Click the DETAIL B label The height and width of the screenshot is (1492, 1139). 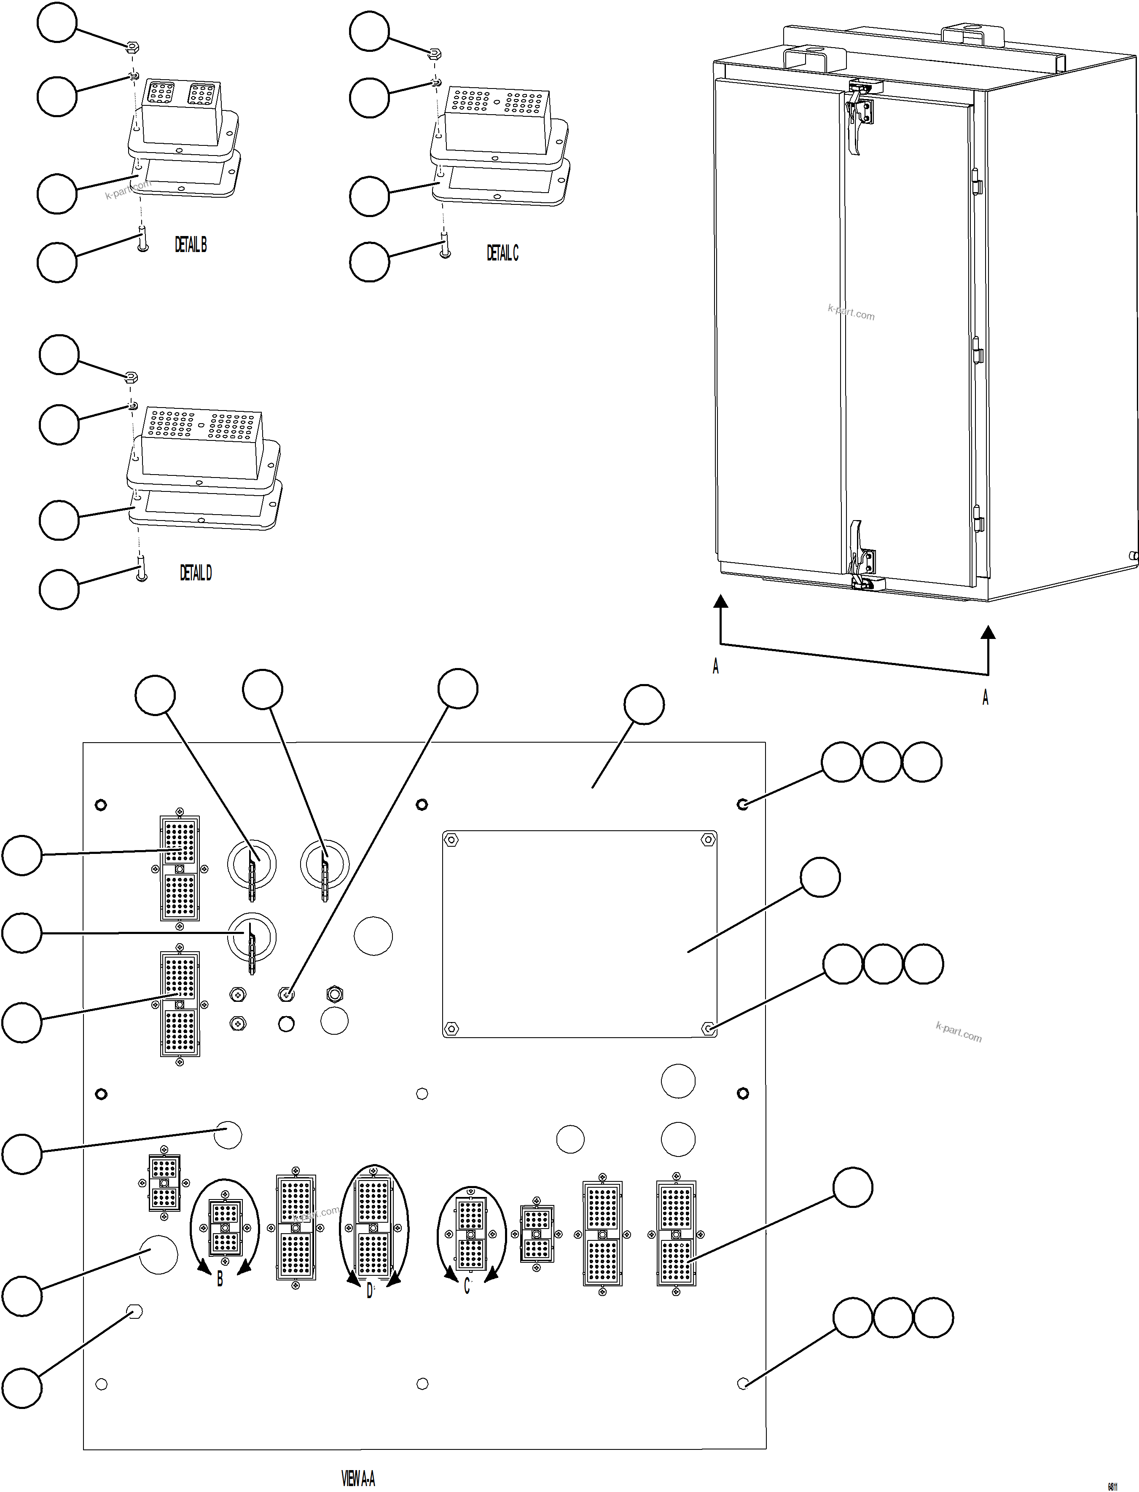click(x=191, y=245)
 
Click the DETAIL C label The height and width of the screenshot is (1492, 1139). click(x=502, y=253)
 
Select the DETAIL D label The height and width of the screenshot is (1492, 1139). click(x=195, y=573)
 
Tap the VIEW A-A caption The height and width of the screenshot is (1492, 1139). click(x=358, y=1478)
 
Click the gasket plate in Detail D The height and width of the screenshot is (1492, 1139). click(x=203, y=505)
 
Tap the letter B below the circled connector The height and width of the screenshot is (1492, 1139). click(x=220, y=1279)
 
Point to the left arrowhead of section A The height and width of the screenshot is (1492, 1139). click(x=721, y=601)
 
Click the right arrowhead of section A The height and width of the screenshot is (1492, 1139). click(x=989, y=633)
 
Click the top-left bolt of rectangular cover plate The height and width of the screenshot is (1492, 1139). click(x=451, y=840)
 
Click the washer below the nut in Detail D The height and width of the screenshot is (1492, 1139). click(x=133, y=406)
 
